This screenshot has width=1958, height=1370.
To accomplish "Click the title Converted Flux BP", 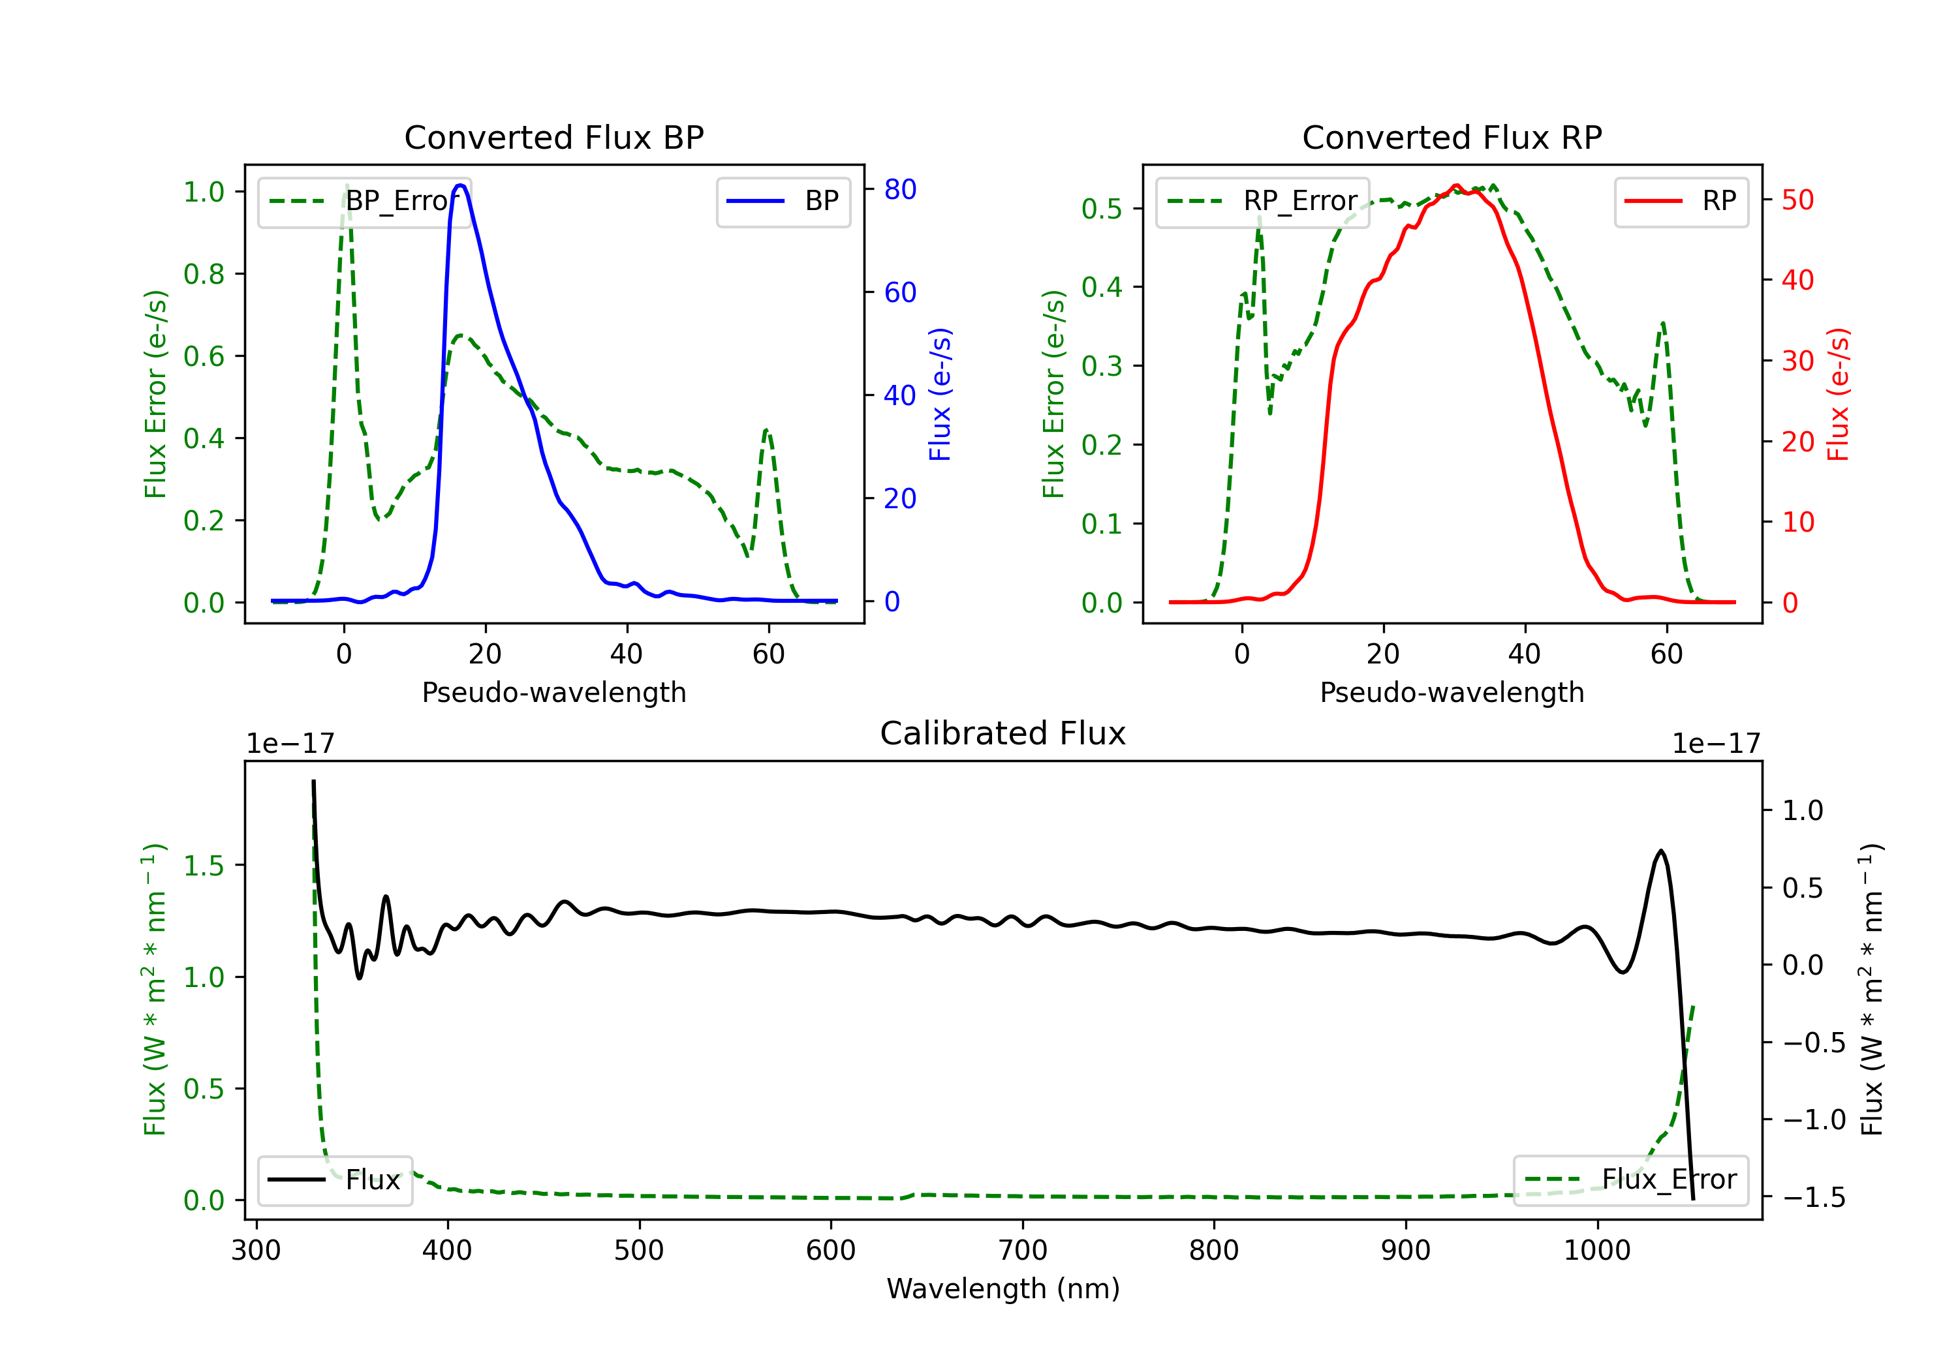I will point(553,137).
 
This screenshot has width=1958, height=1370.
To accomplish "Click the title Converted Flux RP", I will point(1452,137).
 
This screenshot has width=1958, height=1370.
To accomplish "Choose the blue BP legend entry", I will point(783,201).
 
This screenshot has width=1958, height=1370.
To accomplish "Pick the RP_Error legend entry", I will point(1262,201).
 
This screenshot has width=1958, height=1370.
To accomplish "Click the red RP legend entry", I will point(1681,201).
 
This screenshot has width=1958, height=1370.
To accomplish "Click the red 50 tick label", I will point(1797,200).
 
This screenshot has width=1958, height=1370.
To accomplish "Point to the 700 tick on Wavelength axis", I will point(1023,1250).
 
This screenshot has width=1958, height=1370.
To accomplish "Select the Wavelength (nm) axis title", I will point(1003,1288).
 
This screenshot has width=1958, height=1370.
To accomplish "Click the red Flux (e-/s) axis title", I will point(1838,394).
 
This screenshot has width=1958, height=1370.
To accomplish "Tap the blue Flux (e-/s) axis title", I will point(940,394).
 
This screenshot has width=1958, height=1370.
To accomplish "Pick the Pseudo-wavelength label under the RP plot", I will point(1452,692).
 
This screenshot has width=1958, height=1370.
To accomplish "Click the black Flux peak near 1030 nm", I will point(1660,851).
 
